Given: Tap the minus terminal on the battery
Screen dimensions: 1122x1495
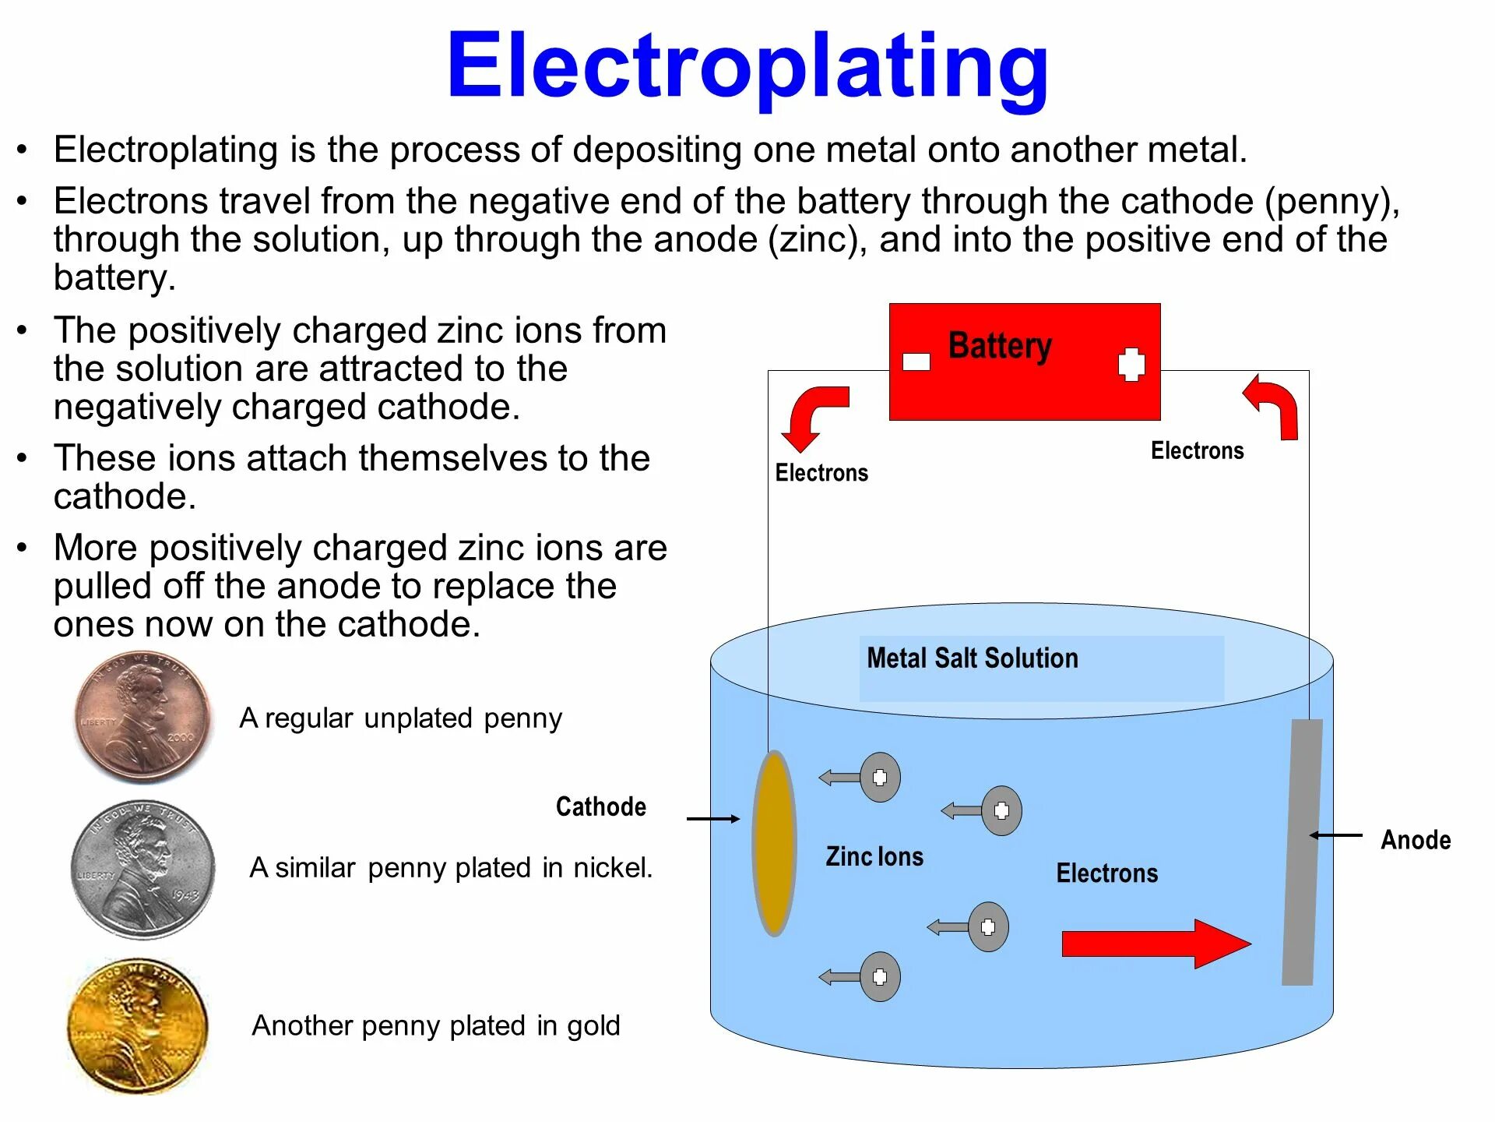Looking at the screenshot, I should coord(916,362).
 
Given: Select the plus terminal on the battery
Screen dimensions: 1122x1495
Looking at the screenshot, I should coord(1131,364).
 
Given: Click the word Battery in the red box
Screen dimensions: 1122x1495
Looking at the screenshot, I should coord(1000,346).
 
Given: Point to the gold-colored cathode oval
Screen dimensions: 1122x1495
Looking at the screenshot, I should coord(774,843).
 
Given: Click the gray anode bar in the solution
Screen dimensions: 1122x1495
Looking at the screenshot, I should coord(1303,852).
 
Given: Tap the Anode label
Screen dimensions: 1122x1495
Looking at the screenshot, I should coord(1416,840).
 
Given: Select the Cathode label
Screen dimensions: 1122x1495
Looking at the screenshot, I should coord(600,806).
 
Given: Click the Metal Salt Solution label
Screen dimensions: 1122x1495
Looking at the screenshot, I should coord(973,658).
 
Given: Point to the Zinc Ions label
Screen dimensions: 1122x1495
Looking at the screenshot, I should coord(874,856).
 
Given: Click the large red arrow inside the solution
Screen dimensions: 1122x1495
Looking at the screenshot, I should coord(1156,944).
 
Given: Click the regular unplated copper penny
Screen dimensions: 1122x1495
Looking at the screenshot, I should coord(142,717).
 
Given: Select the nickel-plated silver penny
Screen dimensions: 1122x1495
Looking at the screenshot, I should coord(142,869).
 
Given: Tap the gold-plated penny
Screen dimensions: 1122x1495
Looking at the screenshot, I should coord(139,1025).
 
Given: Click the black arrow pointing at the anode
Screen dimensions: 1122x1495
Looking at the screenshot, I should coord(1336,835).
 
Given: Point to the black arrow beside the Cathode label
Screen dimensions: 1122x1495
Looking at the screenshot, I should coord(712,819).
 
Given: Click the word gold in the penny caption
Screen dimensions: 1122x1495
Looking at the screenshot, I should coord(593,1026).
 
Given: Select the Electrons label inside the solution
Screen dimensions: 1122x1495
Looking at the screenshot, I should coord(1106,873).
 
